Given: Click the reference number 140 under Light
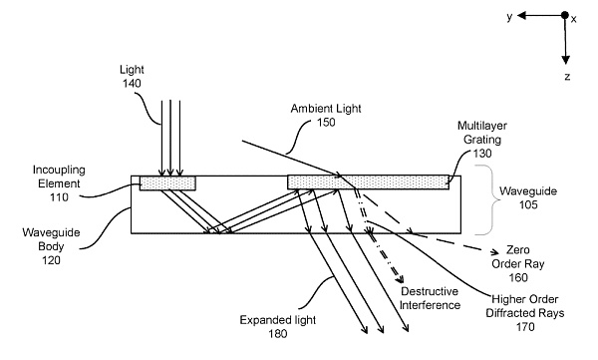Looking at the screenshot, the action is [x=132, y=83].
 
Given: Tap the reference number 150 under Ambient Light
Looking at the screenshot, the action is [x=326, y=123].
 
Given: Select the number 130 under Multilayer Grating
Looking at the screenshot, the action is [x=482, y=154].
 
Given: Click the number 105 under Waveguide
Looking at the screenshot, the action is [x=528, y=204].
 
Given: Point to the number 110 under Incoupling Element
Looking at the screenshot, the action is [x=59, y=197].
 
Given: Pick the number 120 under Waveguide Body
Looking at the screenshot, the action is [x=51, y=260].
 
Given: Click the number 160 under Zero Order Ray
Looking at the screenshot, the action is [x=518, y=277].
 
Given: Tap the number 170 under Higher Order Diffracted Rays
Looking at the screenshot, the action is [x=525, y=327].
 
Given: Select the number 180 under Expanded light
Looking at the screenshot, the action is [x=278, y=334].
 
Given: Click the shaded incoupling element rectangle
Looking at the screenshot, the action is [x=167, y=182].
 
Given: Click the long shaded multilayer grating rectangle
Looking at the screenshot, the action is [x=368, y=182].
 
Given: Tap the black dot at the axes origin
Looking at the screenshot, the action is [x=565, y=15].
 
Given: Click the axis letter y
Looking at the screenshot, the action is [x=509, y=16].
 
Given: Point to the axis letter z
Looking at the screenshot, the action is [x=567, y=77].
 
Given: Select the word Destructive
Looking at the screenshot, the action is [x=430, y=291].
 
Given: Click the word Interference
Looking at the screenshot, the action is [x=430, y=305].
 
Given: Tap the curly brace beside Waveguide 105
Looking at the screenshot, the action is [x=485, y=199].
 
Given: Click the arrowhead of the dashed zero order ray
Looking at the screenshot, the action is [x=494, y=252].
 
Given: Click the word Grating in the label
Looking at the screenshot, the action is [x=482, y=140].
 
